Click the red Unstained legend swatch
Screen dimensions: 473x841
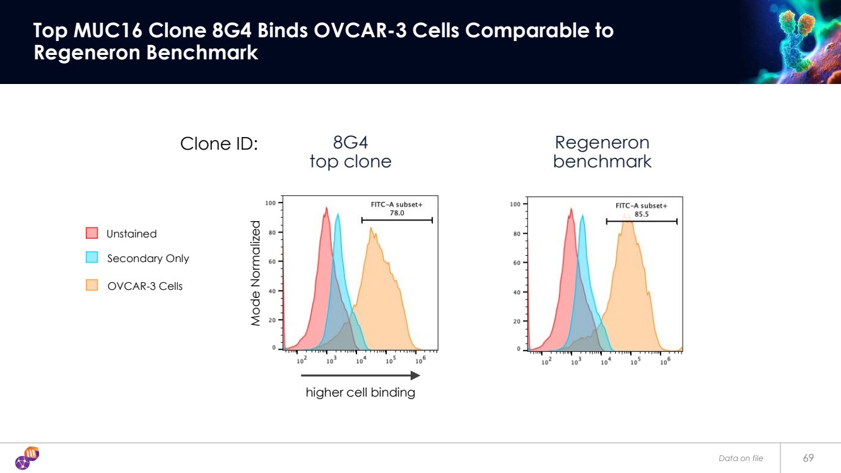[x=91, y=233]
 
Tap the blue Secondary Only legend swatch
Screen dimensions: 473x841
[x=91, y=257]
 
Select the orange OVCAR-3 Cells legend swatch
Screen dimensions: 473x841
[x=91, y=285]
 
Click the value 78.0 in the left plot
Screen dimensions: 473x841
[x=397, y=213]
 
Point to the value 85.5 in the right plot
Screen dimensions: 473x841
[x=641, y=214]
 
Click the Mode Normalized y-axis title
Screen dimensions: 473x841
[x=256, y=273]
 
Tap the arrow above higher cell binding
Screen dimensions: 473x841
[x=360, y=375]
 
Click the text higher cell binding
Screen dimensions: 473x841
[x=360, y=392]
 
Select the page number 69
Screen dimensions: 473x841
[x=808, y=458]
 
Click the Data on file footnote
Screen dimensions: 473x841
[x=741, y=458]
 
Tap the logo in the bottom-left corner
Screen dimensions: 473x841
[x=27, y=458]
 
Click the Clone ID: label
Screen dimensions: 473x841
[x=219, y=144]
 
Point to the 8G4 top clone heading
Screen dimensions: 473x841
[x=350, y=152]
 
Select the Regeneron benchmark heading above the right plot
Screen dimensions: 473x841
[x=602, y=152]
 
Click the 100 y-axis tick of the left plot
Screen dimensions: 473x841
[x=270, y=203]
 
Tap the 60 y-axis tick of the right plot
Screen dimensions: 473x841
[x=515, y=263]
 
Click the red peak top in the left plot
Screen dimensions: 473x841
[x=326, y=208]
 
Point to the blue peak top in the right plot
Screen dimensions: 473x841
[x=582, y=216]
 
